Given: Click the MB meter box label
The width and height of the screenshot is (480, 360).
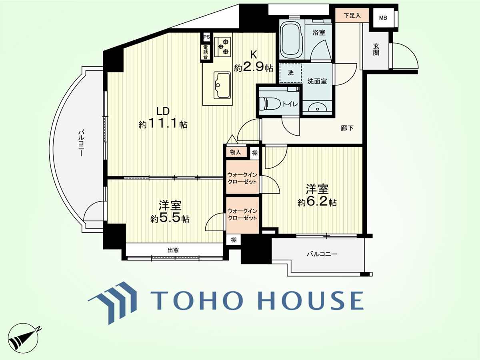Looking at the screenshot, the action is [x=383, y=18].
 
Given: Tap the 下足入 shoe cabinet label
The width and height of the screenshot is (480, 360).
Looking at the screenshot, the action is [x=352, y=16].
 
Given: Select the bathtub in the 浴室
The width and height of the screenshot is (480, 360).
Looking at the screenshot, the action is [x=291, y=40].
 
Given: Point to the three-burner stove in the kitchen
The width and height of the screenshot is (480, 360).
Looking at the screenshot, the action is [x=223, y=46].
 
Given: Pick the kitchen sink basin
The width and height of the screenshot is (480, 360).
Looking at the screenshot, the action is [x=222, y=86].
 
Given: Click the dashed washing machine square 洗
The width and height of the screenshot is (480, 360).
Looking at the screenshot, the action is [x=290, y=73].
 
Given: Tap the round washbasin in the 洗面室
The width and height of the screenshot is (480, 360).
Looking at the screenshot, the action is [x=318, y=108].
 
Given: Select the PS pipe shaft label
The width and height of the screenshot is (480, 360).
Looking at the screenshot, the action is [x=206, y=37].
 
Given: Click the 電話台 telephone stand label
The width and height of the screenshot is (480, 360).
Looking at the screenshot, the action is [x=206, y=52].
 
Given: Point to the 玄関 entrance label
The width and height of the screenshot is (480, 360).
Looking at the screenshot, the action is [x=376, y=49].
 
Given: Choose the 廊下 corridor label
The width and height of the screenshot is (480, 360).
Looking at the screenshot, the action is [x=347, y=128].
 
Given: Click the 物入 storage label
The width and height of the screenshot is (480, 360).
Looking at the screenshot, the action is [x=235, y=152].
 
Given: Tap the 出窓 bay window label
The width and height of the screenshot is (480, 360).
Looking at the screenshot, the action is [x=173, y=250].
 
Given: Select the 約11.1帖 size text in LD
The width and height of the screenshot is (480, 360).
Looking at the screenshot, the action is [x=163, y=124].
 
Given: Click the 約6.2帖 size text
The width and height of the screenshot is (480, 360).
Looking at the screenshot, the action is [x=317, y=202].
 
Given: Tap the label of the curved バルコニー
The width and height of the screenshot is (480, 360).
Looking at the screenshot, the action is [x=81, y=143].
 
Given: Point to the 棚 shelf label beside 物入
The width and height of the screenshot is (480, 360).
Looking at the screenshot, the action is [x=254, y=153].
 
